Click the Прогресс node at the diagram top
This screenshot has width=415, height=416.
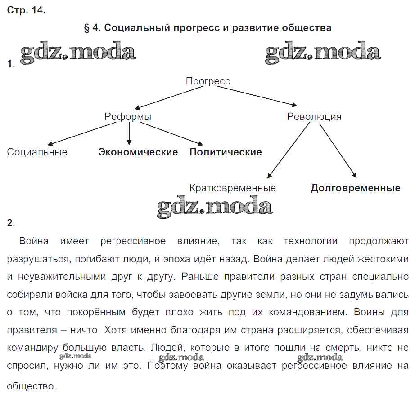207,81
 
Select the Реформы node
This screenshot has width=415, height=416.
128,117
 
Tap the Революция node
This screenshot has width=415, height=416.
314,117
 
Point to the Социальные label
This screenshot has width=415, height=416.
37,152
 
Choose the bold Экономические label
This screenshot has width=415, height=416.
138,152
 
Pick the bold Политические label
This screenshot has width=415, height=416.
226,152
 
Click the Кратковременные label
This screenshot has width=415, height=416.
233,188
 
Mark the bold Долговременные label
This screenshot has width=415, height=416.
355,188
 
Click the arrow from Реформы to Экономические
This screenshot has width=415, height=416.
130,133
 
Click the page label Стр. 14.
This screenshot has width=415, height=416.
26,11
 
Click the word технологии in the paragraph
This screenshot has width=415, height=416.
310,241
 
